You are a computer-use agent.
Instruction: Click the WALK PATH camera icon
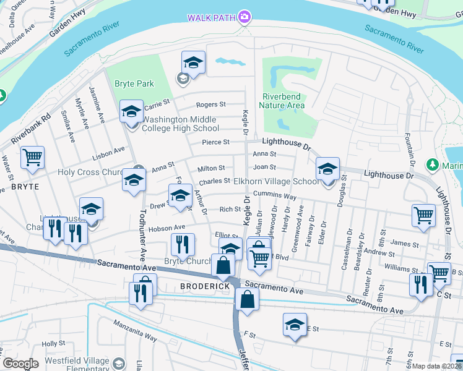pos(245,17)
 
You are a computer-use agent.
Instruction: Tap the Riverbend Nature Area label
pos(283,101)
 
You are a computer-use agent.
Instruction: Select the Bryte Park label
pos(134,83)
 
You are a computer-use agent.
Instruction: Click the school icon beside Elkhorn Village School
pos(327,169)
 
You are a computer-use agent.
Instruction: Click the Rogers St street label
pos(211,105)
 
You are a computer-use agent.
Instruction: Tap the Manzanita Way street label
pos(134,330)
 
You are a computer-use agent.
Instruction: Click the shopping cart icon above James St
pos(424,215)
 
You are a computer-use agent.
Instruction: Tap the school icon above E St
pos(295,324)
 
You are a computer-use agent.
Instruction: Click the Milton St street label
pos(211,169)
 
